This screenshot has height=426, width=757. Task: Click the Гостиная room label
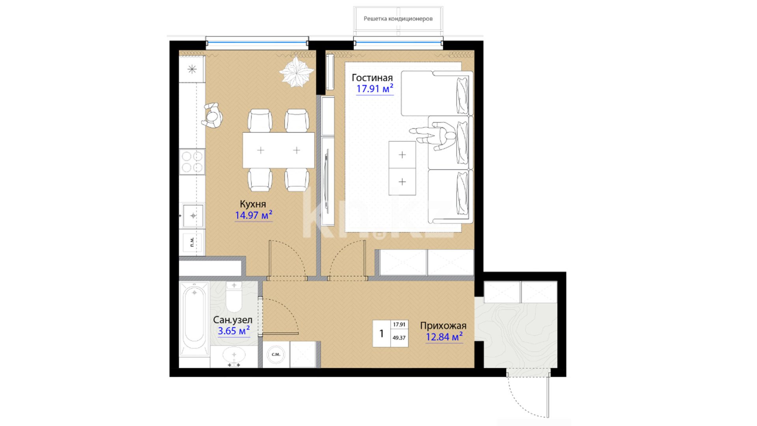coord(372,78)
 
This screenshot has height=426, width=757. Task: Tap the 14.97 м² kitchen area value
coord(254,215)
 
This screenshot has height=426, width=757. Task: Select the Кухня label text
coord(253,204)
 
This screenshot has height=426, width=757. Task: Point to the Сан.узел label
coord(233,320)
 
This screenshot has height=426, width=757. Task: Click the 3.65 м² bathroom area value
coord(234,331)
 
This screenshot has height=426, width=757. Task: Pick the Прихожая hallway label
coord(443,326)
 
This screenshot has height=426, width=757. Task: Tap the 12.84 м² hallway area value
coord(444,337)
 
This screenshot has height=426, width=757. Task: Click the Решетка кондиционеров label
coord(398,19)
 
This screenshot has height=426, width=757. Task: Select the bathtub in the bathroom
coord(194,318)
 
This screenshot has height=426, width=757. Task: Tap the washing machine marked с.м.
coord(276,355)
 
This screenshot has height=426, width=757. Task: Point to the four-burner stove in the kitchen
coord(192,162)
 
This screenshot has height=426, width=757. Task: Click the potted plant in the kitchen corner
coord(296,72)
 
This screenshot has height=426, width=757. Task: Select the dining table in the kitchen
coord(278,150)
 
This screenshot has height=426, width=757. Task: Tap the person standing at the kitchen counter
coord(213,115)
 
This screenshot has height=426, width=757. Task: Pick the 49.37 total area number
coord(399,338)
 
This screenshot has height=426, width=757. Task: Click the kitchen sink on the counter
coord(193,216)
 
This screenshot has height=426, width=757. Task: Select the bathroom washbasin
coord(234,356)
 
